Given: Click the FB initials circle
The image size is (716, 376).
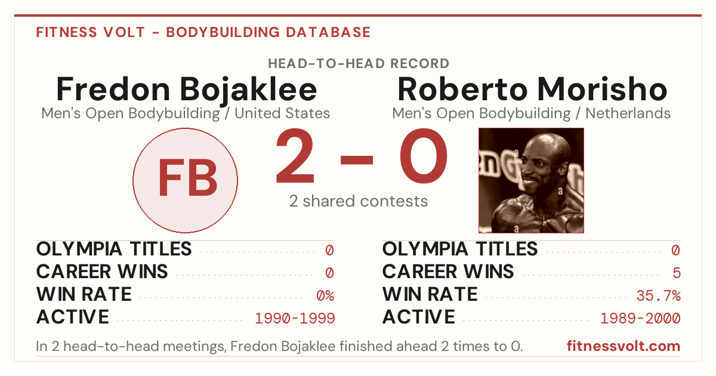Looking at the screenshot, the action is pyautogui.click(x=186, y=180).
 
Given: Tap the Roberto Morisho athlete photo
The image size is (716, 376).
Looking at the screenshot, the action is pyautogui.click(x=531, y=180).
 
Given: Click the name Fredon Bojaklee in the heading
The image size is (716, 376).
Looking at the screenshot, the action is pyautogui.click(x=186, y=90).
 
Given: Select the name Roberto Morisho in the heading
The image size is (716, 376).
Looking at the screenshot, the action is pyautogui.click(x=532, y=89).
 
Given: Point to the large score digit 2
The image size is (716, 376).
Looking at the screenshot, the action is pyautogui.click(x=295, y=156).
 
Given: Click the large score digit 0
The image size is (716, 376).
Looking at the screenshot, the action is pyautogui.click(x=424, y=156).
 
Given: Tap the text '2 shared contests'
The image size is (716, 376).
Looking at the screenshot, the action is pyautogui.click(x=359, y=202).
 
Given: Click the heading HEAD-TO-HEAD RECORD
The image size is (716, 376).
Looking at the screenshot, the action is pyautogui.click(x=359, y=64).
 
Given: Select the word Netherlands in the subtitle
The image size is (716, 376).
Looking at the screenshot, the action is pyautogui.click(x=628, y=113).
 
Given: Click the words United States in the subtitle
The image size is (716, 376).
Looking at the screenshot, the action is pyautogui.click(x=282, y=113).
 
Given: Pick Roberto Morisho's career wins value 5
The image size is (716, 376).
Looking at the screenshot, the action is pyautogui.click(x=677, y=273).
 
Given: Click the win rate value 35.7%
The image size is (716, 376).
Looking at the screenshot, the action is pyautogui.click(x=659, y=296).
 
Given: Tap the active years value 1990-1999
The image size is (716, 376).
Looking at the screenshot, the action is pyautogui.click(x=295, y=319).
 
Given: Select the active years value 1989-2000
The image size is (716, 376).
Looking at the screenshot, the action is pyautogui.click(x=641, y=319).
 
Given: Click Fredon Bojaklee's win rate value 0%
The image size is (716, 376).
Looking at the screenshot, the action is pyautogui.click(x=325, y=296).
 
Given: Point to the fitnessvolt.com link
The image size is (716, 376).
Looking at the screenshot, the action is pyautogui.click(x=624, y=346).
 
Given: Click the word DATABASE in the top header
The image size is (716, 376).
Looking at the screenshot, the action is pyautogui.click(x=328, y=32).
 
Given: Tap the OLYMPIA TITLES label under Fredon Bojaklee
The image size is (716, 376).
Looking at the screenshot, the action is pyautogui.click(x=114, y=249).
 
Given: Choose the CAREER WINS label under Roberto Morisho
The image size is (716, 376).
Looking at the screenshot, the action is pyautogui.click(x=448, y=272).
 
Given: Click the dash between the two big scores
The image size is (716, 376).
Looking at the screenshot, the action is pyautogui.click(x=357, y=160).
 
